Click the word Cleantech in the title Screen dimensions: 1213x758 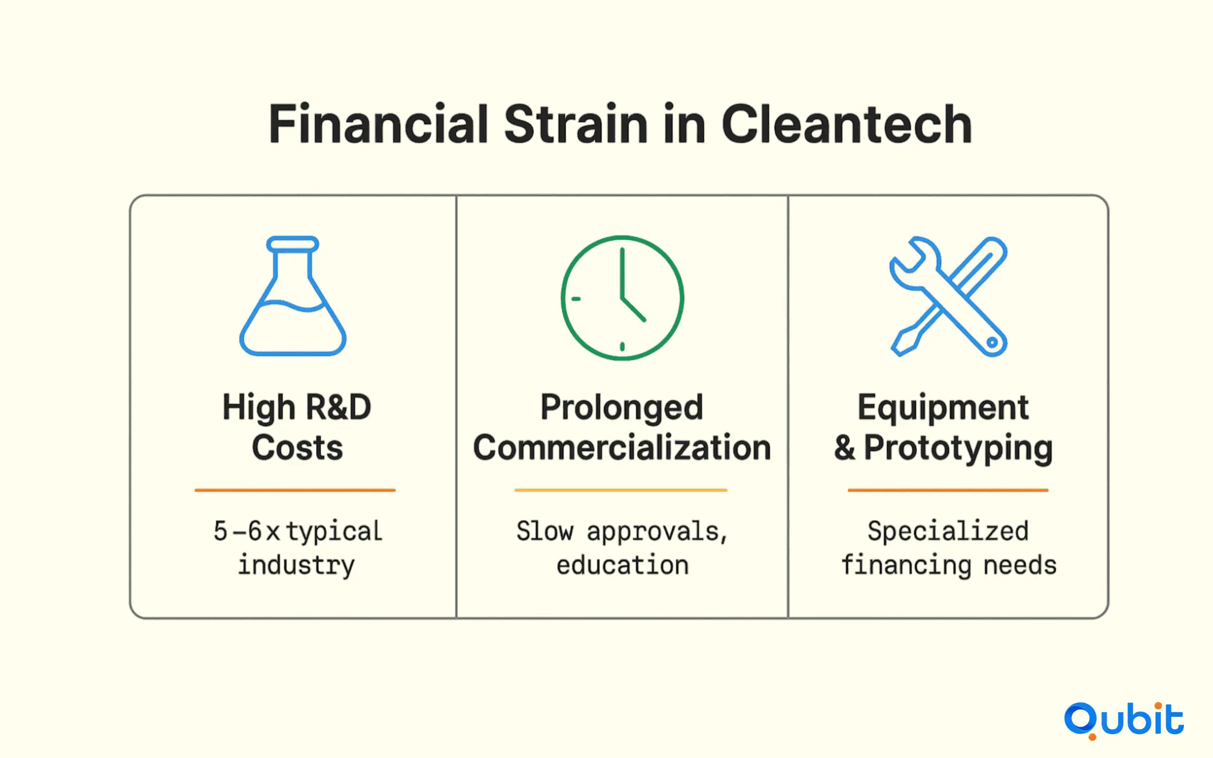coord(847,124)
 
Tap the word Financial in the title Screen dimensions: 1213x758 coord(378,124)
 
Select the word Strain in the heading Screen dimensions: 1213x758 coord(575,124)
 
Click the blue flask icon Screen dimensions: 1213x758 coord(293,296)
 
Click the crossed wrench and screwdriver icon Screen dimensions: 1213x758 coord(948,296)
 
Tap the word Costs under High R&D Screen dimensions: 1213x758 coord(297,447)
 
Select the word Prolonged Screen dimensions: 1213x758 coord(622,407)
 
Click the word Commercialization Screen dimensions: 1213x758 coord(622,447)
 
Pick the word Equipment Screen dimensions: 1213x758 coord(943,407)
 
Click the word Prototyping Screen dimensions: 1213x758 coord(958,448)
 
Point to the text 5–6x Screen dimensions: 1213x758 coord(246,531)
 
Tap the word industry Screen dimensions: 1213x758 coord(296,565)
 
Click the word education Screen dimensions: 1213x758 coord(623,565)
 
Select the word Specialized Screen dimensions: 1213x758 coord(948,532)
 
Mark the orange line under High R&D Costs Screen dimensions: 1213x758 coord(295,490)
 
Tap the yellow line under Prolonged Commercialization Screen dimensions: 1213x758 coord(621,490)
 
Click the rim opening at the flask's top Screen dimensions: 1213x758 coord(293,244)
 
